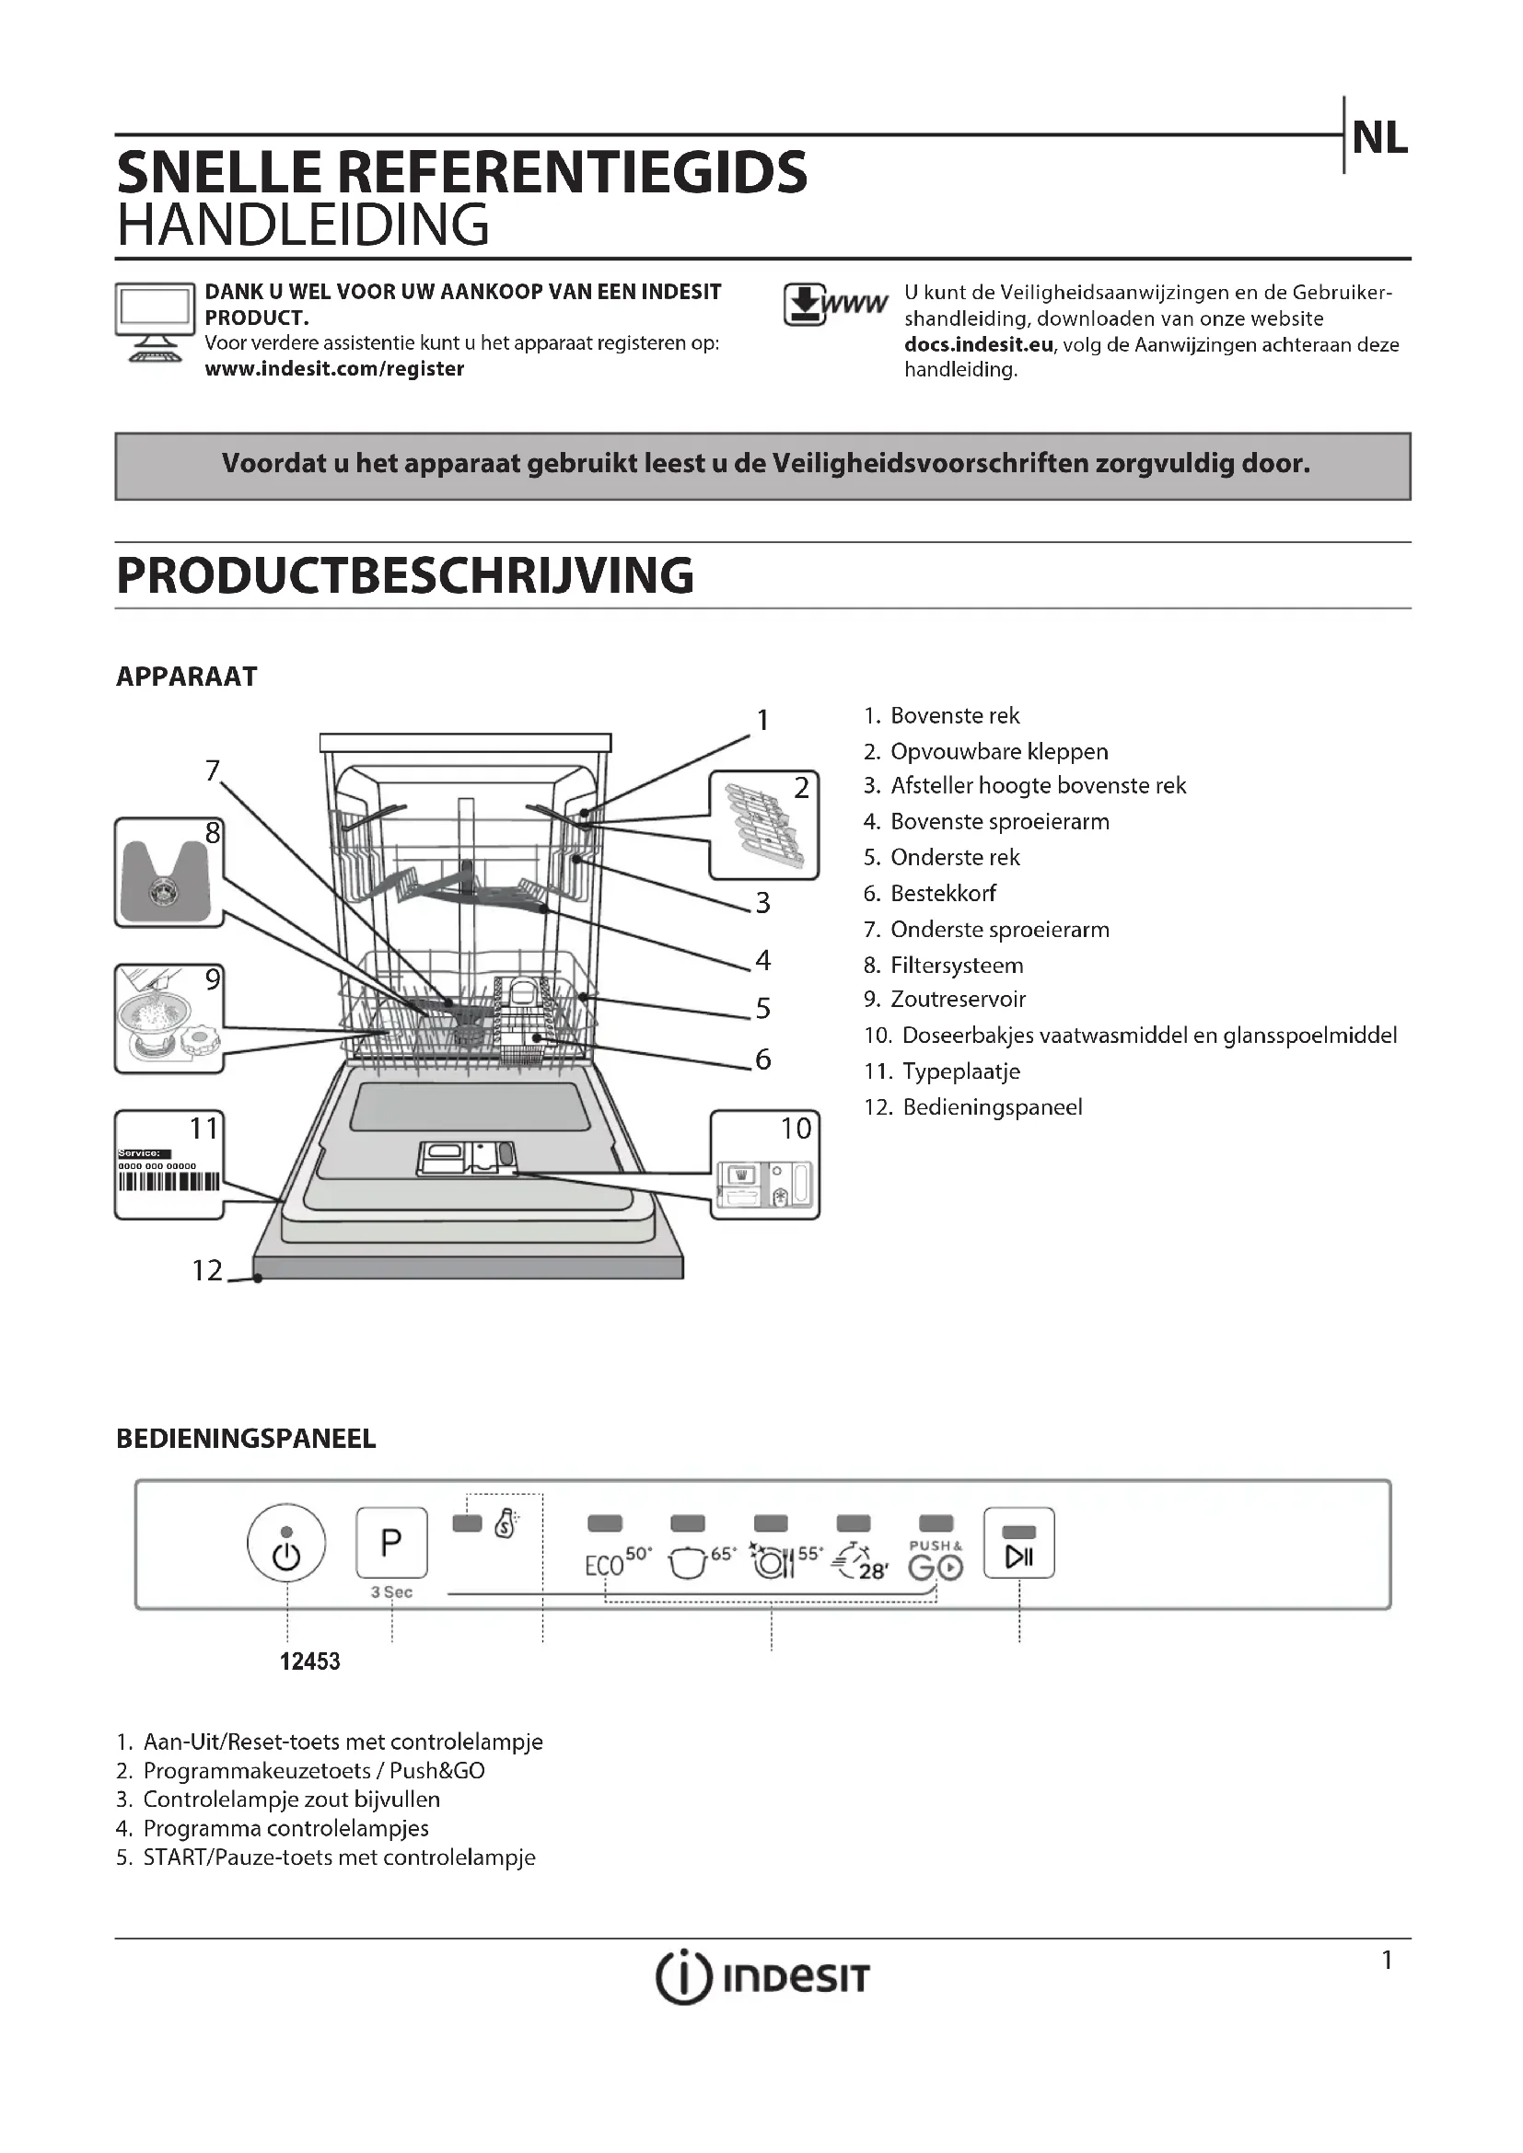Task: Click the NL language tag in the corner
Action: [x=1379, y=139]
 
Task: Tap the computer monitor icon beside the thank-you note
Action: [x=154, y=321]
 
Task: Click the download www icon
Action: [x=833, y=305]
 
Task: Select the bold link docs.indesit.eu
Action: [x=978, y=345]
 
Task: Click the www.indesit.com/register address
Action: [x=334, y=368]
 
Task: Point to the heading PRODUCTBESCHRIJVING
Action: [x=404, y=574]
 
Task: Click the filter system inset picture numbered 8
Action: [x=169, y=872]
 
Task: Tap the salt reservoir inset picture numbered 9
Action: [x=169, y=1019]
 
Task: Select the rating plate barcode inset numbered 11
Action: [x=169, y=1164]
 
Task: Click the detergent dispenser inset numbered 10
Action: [x=764, y=1164]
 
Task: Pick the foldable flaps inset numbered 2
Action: [x=763, y=825]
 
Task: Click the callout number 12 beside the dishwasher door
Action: [x=207, y=1270]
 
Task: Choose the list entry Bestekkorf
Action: [x=943, y=894]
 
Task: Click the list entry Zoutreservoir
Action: [x=958, y=1000]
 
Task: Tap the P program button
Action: [x=391, y=1543]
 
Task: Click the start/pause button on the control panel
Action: [x=1018, y=1543]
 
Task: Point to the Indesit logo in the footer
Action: [x=761, y=1976]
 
